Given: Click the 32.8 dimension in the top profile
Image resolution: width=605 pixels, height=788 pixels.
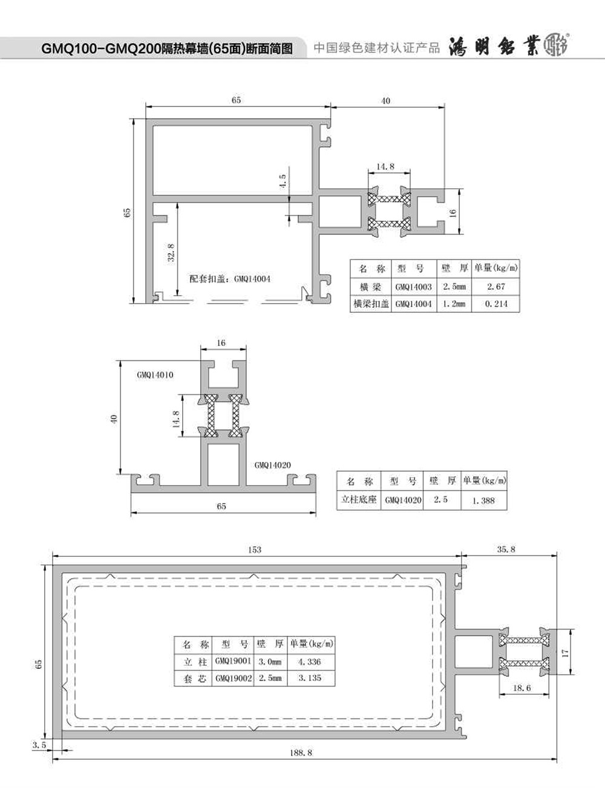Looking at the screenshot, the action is tap(171, 253).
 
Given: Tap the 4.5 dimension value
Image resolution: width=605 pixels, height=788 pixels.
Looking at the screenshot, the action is tap(283, 180).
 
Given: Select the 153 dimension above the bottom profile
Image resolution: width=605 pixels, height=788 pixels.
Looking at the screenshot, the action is tap(255, 550).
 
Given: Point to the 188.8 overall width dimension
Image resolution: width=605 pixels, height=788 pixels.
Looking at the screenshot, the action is tap(301, 752).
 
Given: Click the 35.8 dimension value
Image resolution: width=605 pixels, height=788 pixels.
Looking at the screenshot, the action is tap(506, 549).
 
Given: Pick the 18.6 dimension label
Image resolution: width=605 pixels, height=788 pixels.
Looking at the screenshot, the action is tap(522, 688).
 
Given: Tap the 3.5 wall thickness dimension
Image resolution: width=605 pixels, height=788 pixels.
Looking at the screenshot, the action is tap(39, 745).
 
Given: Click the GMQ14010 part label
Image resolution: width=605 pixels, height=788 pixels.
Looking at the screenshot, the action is tap(155, 375).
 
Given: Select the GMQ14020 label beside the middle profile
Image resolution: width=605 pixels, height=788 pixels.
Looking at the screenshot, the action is tap(273, 465).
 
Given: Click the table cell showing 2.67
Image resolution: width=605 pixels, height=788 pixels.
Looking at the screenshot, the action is tap(496, 287).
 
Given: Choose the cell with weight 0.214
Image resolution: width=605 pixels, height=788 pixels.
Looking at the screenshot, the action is tap(496, 304).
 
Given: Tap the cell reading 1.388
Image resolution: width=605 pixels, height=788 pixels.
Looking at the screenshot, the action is tap(483, 500).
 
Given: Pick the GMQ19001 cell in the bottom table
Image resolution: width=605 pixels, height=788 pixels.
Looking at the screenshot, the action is tap(233, 661).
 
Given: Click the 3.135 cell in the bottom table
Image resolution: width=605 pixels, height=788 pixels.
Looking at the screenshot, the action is tap(310, 678).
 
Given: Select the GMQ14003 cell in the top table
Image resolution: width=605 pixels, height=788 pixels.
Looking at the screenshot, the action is tap(413, 287).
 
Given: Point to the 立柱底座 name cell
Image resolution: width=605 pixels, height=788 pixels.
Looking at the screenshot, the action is tap(358, 500).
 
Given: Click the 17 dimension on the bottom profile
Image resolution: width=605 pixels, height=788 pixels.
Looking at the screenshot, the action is tap(565, 653).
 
